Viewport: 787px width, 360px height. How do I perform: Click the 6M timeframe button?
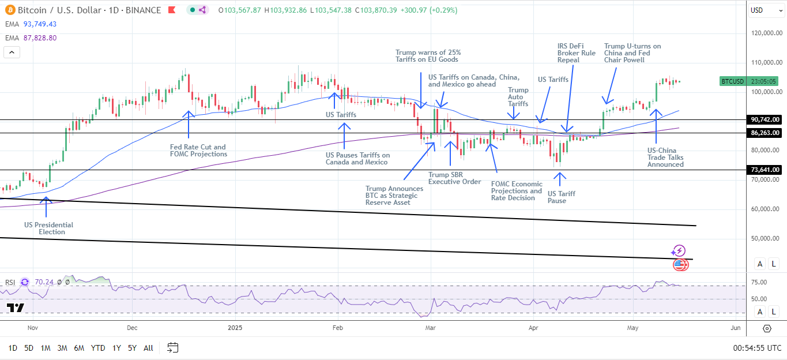(80, 348)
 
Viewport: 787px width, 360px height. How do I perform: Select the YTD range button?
(98, 348)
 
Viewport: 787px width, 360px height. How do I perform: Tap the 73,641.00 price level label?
(765, 170)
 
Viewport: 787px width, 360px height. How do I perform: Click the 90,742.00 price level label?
(765, 119)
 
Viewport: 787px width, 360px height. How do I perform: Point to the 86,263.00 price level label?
(765, 133)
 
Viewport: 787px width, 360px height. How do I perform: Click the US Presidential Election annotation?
(48, 228)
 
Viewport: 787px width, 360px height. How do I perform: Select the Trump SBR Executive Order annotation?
(454, 178)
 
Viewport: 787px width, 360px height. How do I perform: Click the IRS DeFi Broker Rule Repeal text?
(576, 52)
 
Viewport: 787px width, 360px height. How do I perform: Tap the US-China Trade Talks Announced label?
(665, 157)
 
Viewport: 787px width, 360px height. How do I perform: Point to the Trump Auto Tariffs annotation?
(518, 97)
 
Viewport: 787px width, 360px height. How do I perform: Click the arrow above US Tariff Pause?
(558, 179)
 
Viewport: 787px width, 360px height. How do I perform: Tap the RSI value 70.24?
(44, 282)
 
